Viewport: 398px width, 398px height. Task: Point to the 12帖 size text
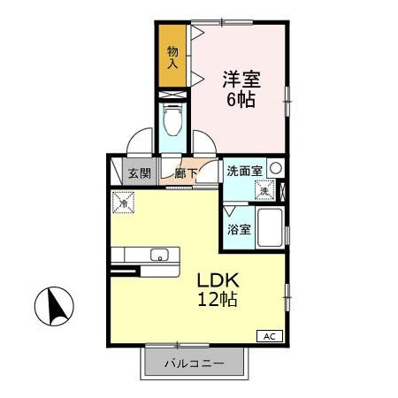(218, 299)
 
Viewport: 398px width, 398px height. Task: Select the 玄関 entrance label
(138, 172)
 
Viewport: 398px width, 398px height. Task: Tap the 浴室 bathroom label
(238, 230)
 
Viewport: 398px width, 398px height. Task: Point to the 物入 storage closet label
(173, 57)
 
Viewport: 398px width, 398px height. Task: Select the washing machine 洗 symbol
(264, 190)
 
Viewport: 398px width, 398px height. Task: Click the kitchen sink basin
(159, 256)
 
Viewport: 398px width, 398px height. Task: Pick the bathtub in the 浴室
(270, 230)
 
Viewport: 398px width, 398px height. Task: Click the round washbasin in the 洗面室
(277, 168)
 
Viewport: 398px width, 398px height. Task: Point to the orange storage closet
(173, 57)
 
